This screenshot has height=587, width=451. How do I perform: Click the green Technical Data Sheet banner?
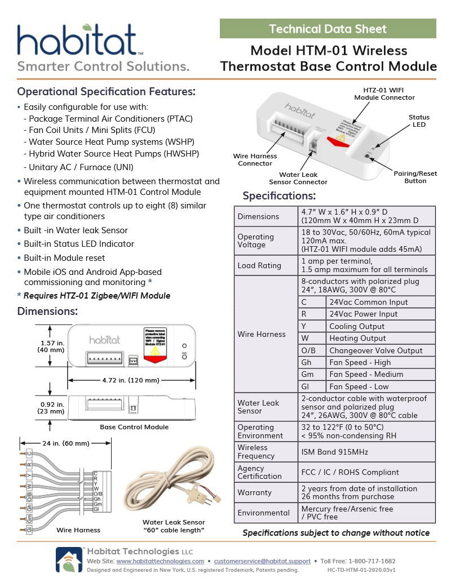(328, 29)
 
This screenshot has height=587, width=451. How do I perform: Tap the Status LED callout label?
(419, 121)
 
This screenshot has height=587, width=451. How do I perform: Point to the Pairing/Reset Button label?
(415, 177)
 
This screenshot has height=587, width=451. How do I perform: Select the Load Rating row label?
(259, 265)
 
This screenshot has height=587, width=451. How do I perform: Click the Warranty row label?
(254, 492)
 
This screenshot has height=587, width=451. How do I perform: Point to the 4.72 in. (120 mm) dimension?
(131, 380)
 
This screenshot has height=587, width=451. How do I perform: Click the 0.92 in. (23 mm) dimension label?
(52, 407)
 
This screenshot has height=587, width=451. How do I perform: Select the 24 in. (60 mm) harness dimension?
(65, 443)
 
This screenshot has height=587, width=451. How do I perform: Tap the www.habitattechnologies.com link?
(160, 561)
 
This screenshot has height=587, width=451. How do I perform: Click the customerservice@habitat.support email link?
(262, 561)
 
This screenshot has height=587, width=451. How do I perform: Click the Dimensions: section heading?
(47, 312)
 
